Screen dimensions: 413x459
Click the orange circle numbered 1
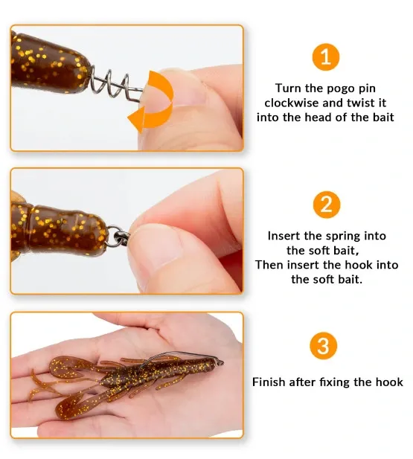(326, 57)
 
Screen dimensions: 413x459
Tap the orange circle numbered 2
(327, 205)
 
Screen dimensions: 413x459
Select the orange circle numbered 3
(324, 346)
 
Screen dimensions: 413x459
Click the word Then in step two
(269, 265)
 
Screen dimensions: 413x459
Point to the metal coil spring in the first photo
(115, 84)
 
